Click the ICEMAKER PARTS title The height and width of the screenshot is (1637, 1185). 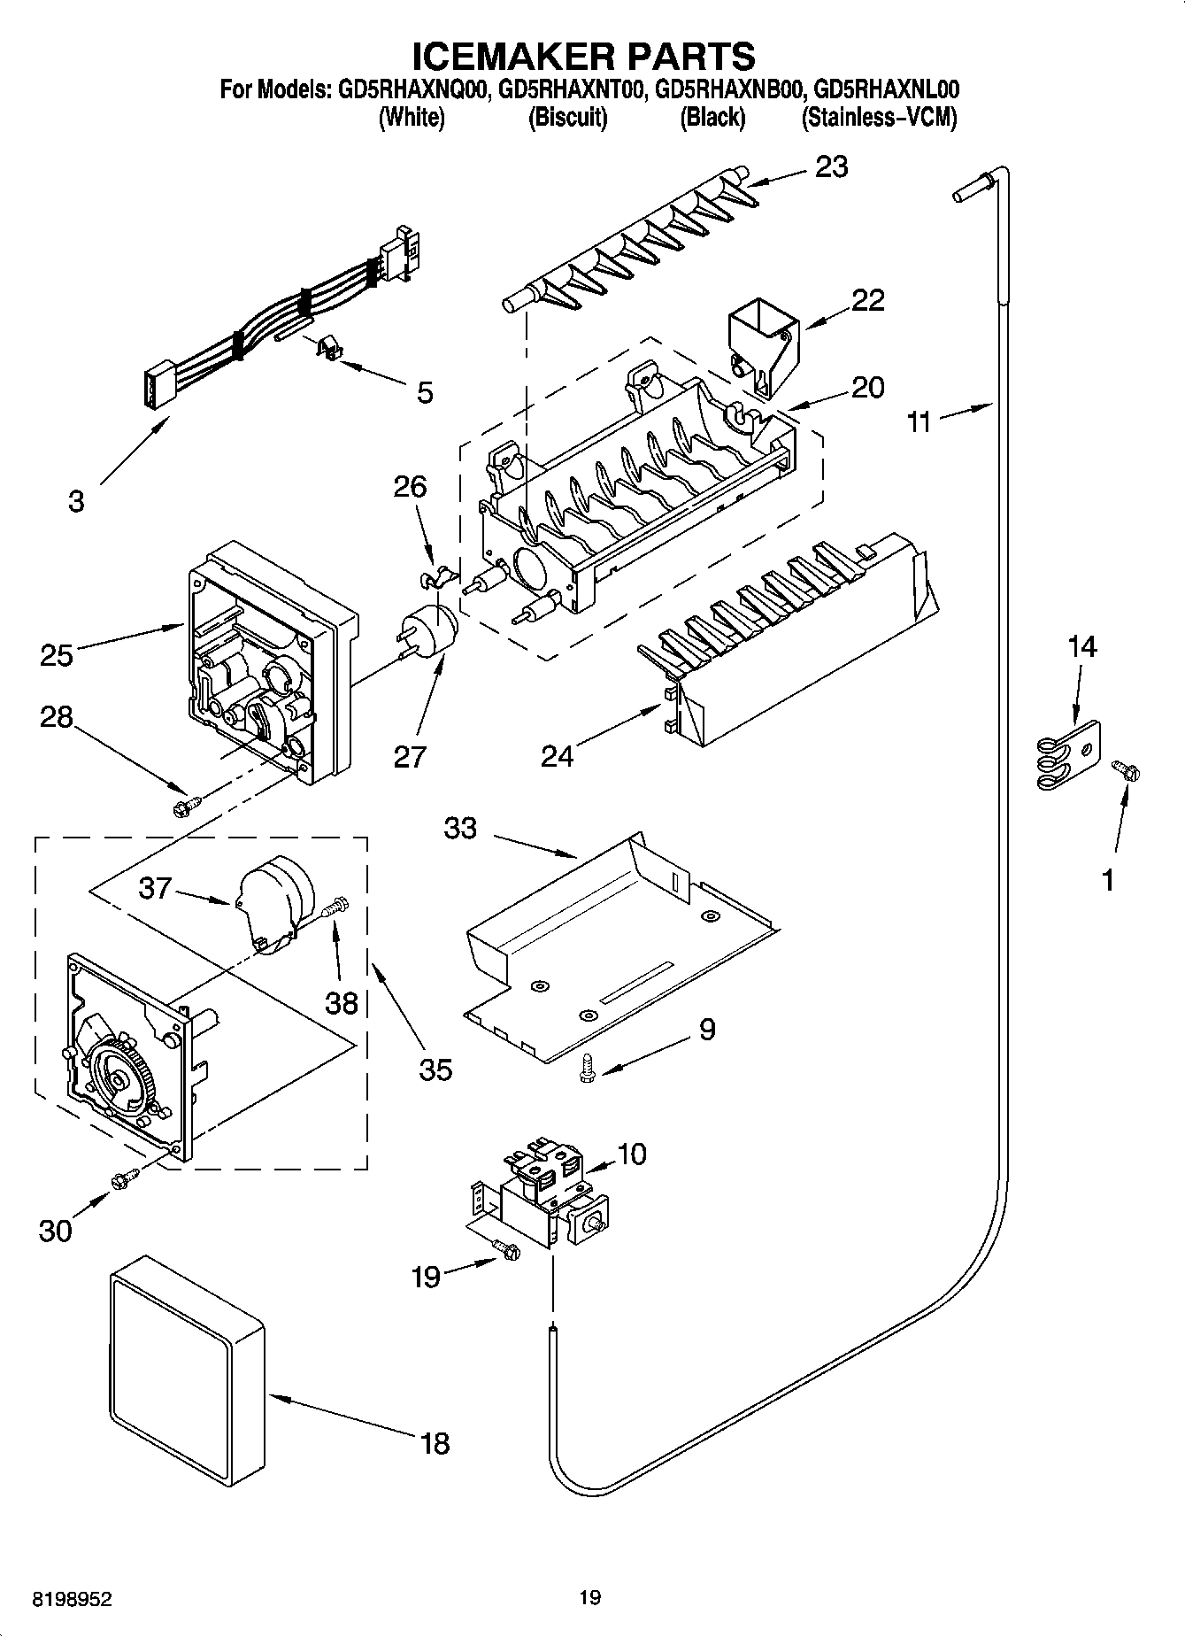(584, 55)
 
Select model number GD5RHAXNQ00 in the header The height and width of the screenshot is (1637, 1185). (412, 90)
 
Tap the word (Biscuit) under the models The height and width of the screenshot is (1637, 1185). (567, 117)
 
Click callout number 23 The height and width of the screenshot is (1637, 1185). (831, 166)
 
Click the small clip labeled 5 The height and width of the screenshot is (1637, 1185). (330, 348)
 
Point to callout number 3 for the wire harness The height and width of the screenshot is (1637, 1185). (76, 500)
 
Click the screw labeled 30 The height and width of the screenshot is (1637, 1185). (124, 1178)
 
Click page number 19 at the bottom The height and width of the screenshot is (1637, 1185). (590, 1597)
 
